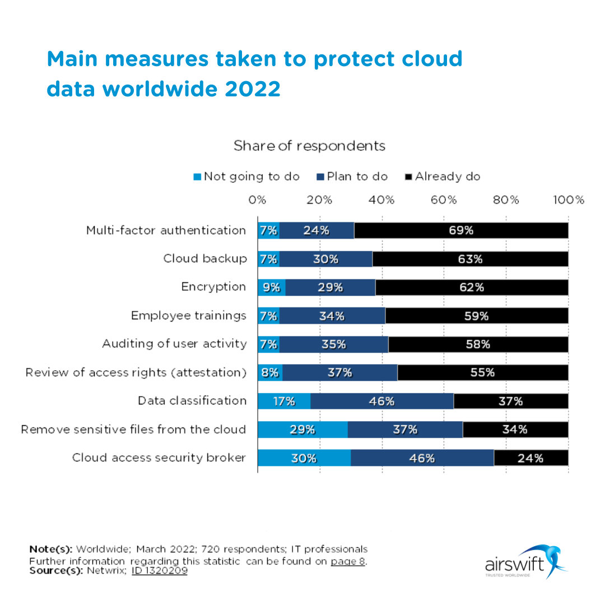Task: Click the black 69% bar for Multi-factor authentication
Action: point(461,230)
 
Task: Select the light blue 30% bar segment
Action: point(304,458)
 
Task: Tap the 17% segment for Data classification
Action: point(284,401)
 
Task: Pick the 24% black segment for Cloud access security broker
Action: point(530,458)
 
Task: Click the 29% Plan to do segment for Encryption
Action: point(330,287)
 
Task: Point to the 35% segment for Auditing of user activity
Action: point(333,345)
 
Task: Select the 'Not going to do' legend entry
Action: point(246,176)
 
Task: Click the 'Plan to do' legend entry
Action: point(352,176)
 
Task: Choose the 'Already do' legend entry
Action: point(443,176)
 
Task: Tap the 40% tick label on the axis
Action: point(382,200)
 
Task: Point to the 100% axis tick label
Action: point(568,200)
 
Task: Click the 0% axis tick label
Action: point(257,200)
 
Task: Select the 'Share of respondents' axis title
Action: point(309,146)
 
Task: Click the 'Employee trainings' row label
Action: point(188,316)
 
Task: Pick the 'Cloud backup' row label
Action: point(204,259)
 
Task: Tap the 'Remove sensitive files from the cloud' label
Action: point(133,430)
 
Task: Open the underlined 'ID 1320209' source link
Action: point(160,571)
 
